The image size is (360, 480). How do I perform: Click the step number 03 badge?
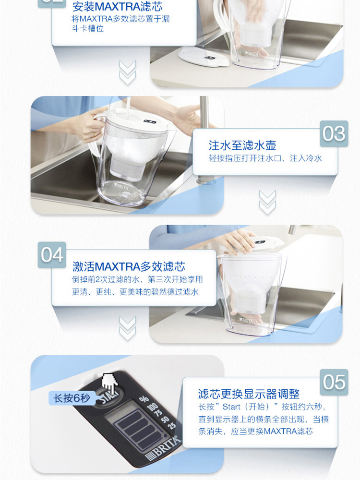334,134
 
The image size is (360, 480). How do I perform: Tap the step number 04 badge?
52,255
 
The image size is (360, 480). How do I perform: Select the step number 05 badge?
334,382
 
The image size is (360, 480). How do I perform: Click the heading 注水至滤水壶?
242,145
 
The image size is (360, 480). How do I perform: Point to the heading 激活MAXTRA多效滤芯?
129,266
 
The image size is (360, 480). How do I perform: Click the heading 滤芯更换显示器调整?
249,394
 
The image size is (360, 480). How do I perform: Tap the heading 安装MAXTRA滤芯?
118,7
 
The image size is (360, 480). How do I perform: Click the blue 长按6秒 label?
72,398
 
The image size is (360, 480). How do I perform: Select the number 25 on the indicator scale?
172,425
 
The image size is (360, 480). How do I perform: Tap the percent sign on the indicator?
144,399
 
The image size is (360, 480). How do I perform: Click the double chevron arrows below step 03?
267,203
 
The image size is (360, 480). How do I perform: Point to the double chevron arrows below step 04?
127,328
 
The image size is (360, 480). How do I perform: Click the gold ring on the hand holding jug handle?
95,134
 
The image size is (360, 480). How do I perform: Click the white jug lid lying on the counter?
204,57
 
